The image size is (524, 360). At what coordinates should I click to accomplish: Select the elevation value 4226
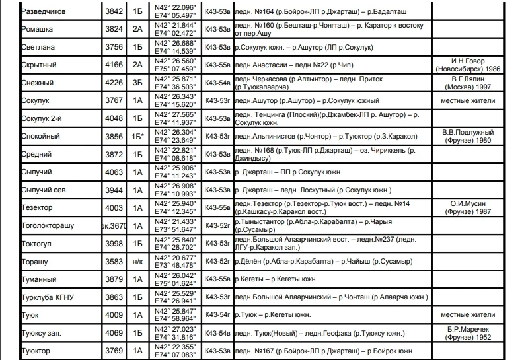(x=114, y=83)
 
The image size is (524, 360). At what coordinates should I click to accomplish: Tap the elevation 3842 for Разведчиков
(x=114, y=12)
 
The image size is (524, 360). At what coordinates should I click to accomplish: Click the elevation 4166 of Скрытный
(x=114, y=65)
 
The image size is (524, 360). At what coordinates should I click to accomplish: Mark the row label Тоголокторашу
(x=48, y=226)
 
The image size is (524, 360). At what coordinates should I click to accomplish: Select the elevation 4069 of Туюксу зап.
(x=114, y=333)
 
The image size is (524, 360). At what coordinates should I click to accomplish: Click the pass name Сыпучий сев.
(x=44, y=190)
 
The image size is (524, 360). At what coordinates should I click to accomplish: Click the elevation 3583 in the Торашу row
(x=114, y=262)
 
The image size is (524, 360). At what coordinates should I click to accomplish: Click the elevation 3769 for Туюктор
(x=114, y=351)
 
